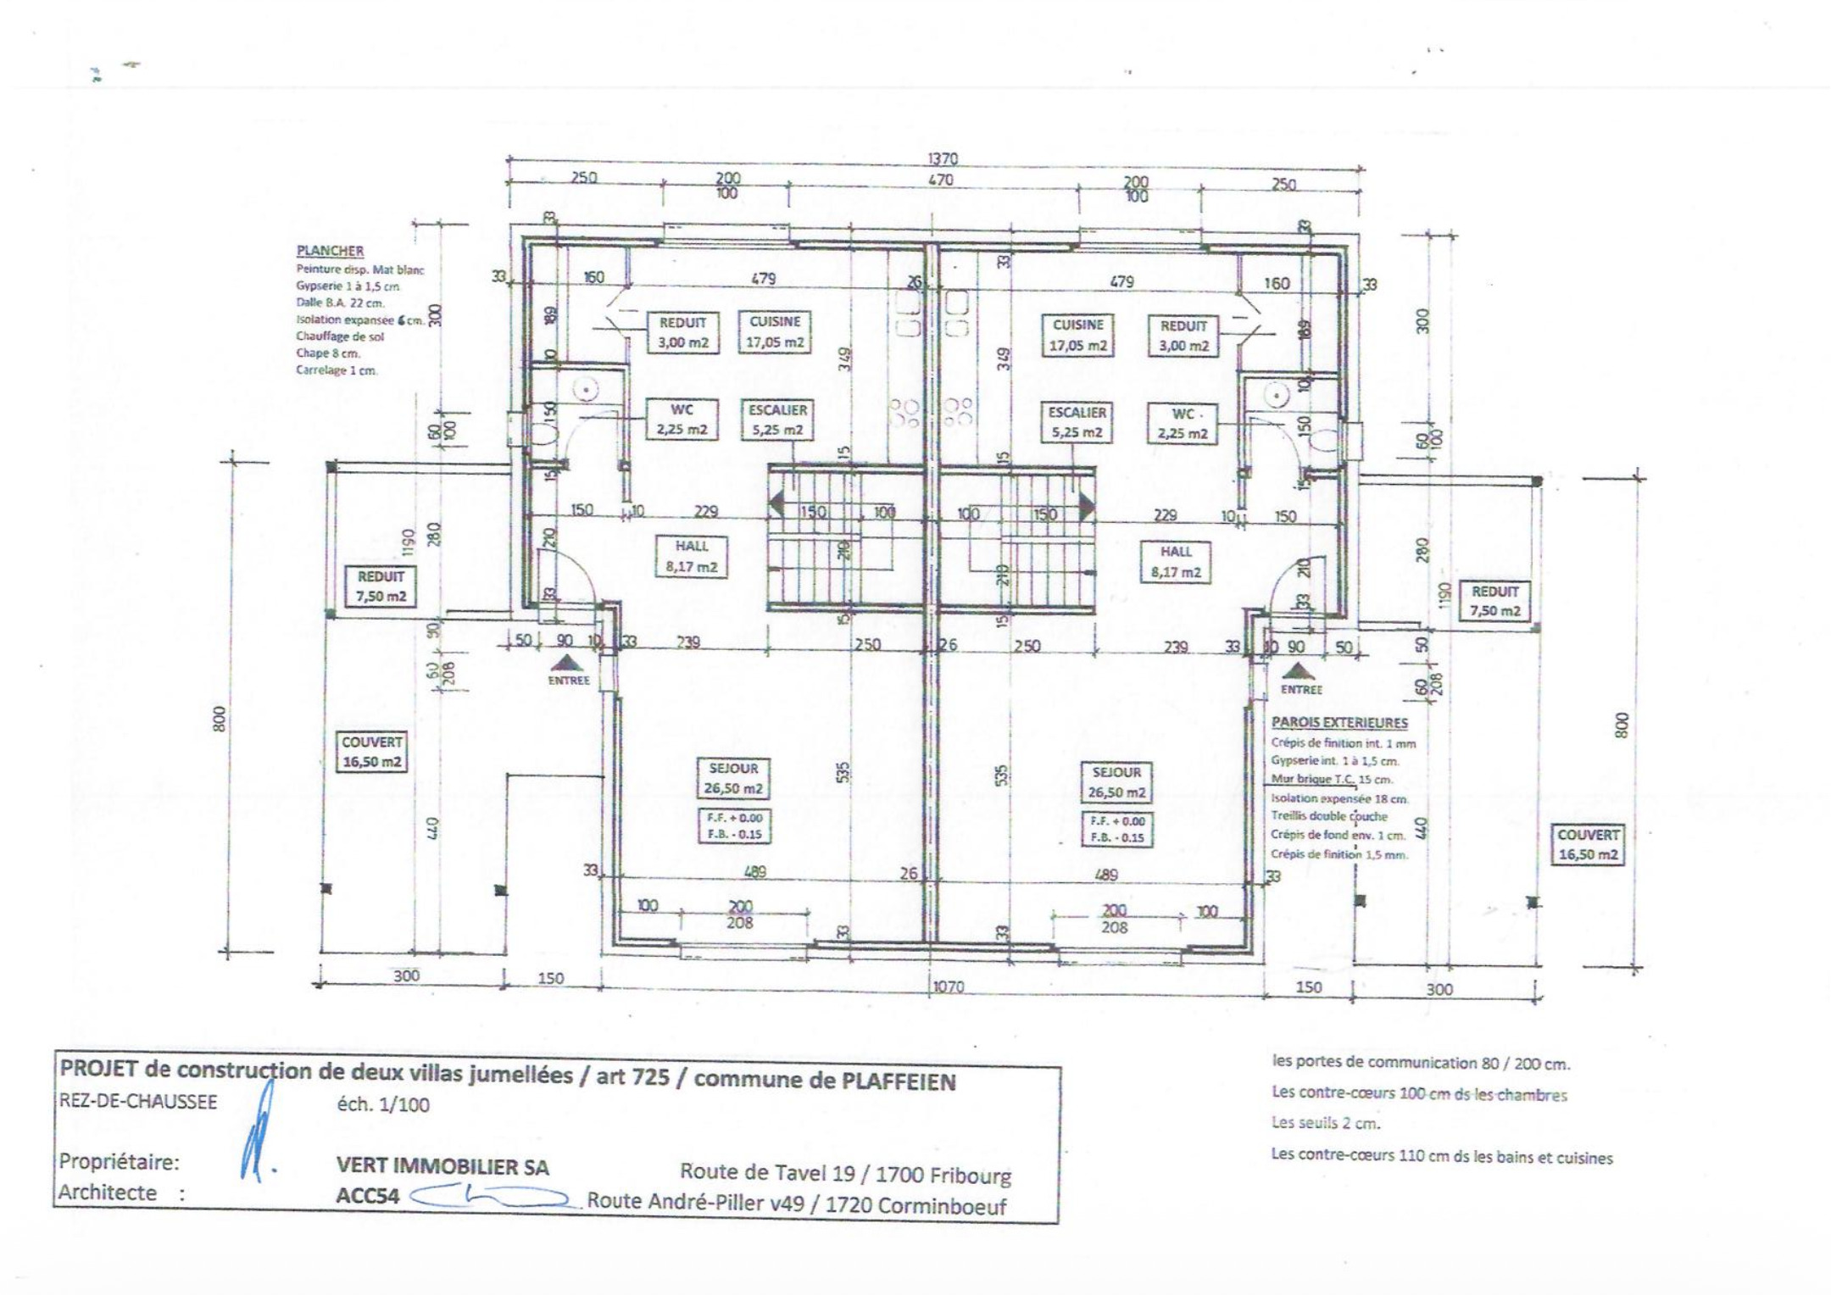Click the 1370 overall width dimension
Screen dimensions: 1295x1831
[x=942, y=158]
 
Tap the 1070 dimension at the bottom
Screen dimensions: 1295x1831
[x=948, y=987]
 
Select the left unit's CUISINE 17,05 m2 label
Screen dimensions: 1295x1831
[x=775, y=332]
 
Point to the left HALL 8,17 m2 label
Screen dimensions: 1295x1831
[x=691, y=557]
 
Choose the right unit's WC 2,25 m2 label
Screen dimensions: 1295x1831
[x=1183, y=424]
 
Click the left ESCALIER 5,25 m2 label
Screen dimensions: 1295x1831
[x=777, y=420]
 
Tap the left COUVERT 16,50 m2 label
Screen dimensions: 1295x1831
[x=372, y=752]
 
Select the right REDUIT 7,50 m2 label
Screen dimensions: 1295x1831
[x=1494, y=601]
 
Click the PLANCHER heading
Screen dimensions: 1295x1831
[x=330, y=251]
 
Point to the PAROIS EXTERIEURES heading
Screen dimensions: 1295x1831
[x=1339, y=723]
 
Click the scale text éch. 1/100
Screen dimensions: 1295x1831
[x=383, y=1104]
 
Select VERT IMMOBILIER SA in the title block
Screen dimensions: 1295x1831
[x=442, y=1167]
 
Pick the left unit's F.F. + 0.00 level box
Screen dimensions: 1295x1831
[x=734, y=818]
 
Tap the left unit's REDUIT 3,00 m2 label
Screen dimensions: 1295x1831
[x=682, y=333]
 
